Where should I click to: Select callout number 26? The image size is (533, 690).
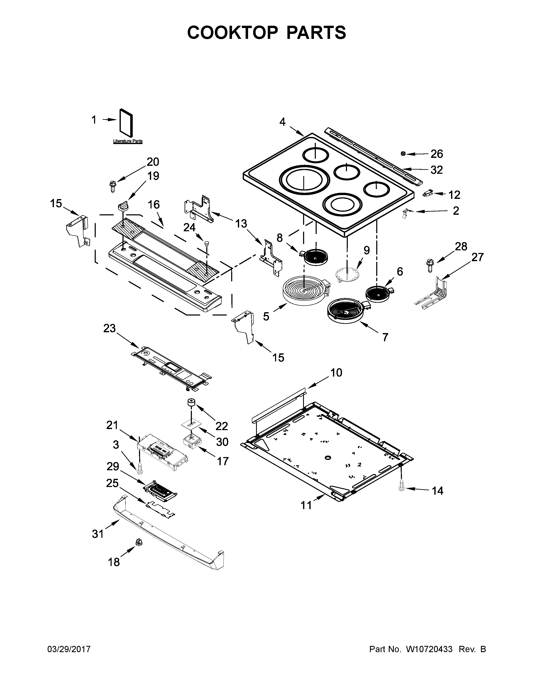pyautogui.click(x=437, y=154)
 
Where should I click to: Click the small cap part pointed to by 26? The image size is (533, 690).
pyautogui.click(x=403, y=153)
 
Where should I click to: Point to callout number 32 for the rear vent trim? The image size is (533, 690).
pyautogui.click(x=437, y=170)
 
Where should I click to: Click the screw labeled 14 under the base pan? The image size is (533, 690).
pyautogui.click(x=401, y=485)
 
